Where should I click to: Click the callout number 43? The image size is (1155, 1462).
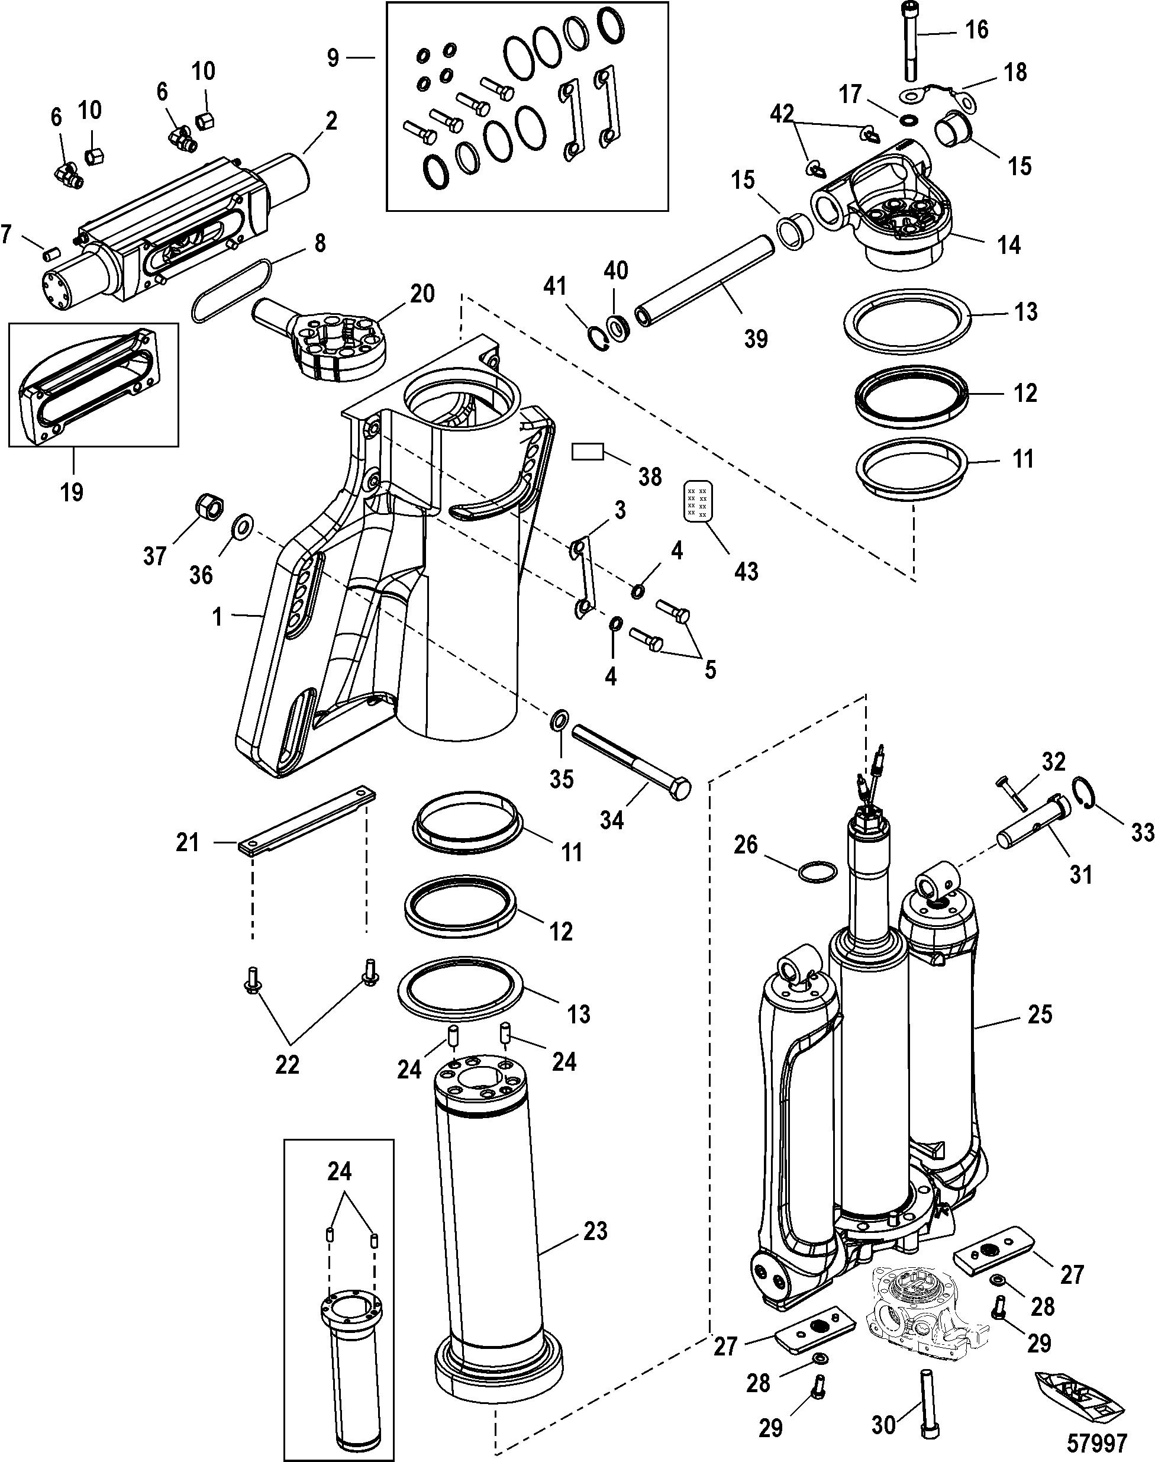tap(746, 572)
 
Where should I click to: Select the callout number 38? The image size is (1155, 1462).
tap(650, 477)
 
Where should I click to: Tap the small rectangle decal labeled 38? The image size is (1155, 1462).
tap(587, 451)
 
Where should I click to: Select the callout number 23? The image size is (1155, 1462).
tap(595, 1231)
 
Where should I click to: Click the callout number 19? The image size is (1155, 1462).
tap(72, 492)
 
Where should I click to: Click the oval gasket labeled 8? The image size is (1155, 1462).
tap(233, 292)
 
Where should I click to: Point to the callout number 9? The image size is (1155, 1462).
tap(333, 58)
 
